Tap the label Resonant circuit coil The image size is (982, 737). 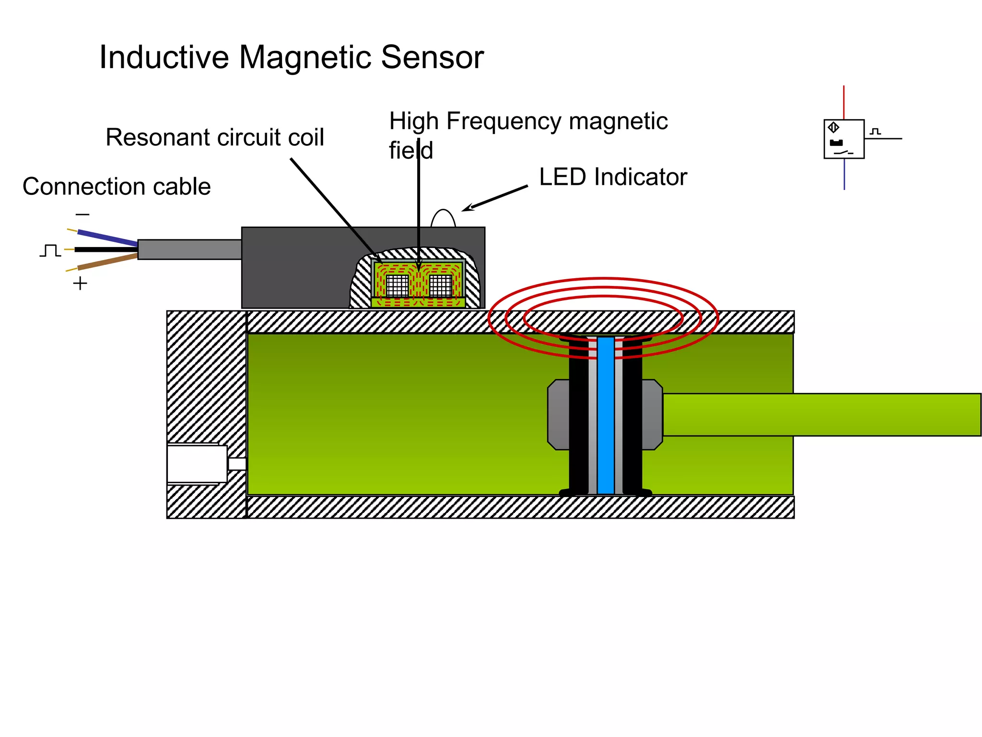pyautogui.click(x=215, y=138)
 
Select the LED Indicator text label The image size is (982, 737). pyautogui.click(x=613, y=177)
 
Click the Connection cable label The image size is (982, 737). pyautogui.click(x=117, y=187)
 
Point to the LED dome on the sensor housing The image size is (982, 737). pyautogui.click(x=443, y=219)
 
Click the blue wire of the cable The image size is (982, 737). pyautogui.click(x=108, y=238)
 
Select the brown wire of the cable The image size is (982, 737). pyautogui.click(x=108, y=262)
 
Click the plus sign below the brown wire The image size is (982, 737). pyautogui.click(x=80, y=284)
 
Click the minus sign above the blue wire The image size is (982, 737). pyautogui.click(x=82, y=214)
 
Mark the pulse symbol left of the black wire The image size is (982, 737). pyautogui.click(x=50, y=250)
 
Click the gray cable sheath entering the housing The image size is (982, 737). pyautogui.click(x=189, y=250)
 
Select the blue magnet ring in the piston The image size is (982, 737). pyautogui.click(x=606, y=415)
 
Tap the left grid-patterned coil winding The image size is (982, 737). pyautogui.click(x=397, y=286)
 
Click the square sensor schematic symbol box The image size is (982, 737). pyautogui.click(x=844, y=139)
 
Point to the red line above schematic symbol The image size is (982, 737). pyautogui.click(x=844, y=102)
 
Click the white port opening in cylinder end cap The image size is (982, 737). pyautogui.click(x=197, y=464)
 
